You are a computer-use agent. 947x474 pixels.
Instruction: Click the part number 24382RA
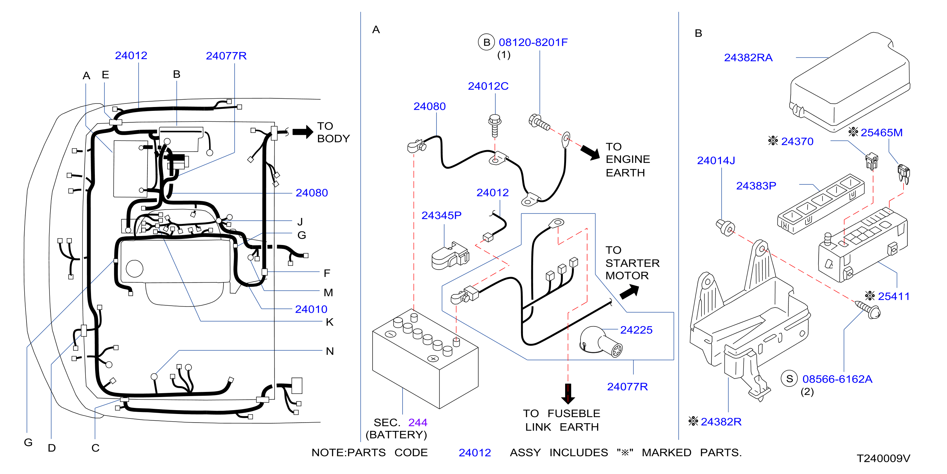[748, 58]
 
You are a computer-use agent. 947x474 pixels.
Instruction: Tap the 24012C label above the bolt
[488, 86]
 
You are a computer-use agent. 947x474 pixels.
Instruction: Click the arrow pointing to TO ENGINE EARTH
[590, 152]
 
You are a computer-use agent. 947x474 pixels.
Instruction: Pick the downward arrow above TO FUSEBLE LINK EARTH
[568, 394]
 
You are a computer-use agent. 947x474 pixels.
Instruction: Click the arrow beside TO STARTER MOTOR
[629, 292]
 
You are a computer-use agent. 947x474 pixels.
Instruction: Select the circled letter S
[789, 378]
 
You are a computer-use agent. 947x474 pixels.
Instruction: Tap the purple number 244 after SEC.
[418, 422]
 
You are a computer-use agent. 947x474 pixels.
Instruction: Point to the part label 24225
[636, 330]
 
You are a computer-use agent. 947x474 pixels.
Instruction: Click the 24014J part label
[716, 160]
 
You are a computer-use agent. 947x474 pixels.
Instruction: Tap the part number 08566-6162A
[837, 379]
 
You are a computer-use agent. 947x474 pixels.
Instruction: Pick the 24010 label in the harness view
[311, 309]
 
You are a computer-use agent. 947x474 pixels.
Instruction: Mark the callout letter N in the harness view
[330, 351]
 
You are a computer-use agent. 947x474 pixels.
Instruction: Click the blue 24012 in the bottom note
[474, 452]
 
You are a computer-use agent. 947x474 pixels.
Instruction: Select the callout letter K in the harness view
[330, 322]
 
